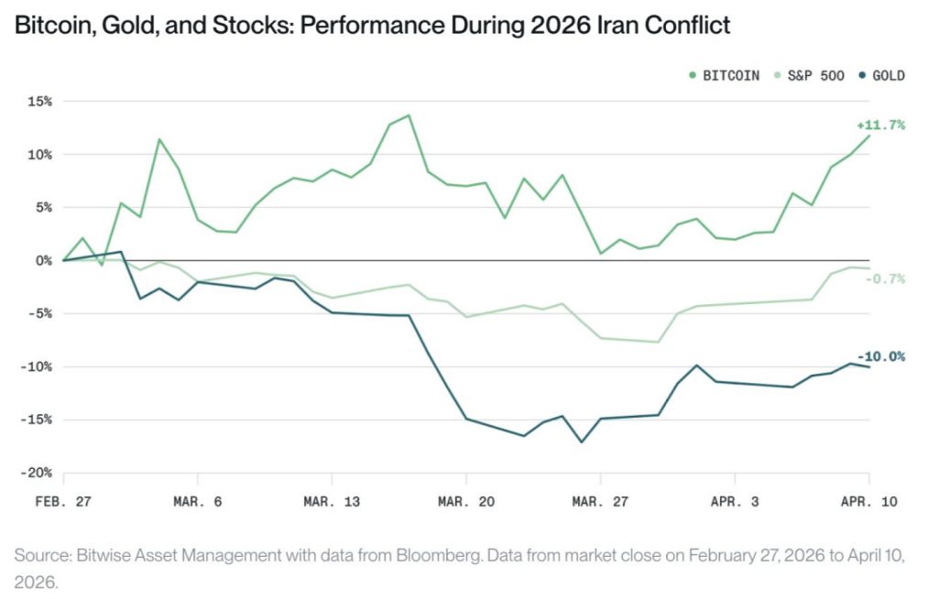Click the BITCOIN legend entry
click(724, 75)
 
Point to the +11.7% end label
click(880, 125)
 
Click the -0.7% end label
click(884, 278)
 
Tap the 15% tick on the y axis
click(40, 101)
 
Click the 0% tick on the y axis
click(44, 260)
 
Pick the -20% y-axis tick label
click(37, 473)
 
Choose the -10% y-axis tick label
click(37, 366)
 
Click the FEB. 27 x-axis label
click(63, 501)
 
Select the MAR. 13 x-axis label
click(332, 501)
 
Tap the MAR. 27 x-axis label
click(600, 501)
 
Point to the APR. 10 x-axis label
click(868, 501)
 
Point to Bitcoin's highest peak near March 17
click(409, 115)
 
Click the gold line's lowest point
click(581, 441)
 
